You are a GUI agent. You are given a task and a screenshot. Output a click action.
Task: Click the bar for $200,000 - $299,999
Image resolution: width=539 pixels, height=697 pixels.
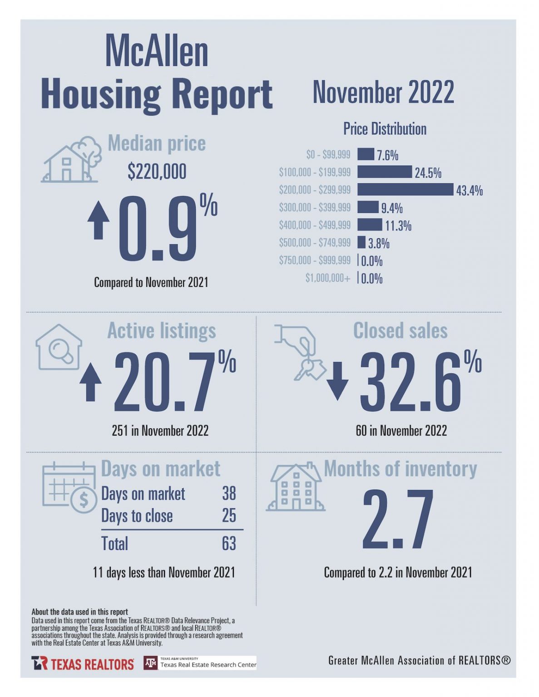[x=405, y=190]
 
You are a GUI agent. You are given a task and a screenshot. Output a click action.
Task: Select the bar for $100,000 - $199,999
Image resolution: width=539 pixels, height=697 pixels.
[x=384, y=172]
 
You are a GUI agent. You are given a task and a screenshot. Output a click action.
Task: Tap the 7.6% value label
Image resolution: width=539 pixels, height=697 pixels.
[x=387, y=155]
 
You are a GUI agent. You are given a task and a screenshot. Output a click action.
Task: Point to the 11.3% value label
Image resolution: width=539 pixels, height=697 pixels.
[x=398, y=226]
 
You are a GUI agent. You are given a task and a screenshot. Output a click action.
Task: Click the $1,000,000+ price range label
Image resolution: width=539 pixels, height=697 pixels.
[x=327, y=278]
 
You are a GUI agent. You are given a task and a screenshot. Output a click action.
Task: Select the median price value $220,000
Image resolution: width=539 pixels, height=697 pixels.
[x=157, y=172]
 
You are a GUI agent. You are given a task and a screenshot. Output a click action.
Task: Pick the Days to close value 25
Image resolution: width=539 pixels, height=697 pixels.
[x=229, y=515]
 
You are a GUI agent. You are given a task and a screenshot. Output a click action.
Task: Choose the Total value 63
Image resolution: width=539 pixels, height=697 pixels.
[x=229, y=543]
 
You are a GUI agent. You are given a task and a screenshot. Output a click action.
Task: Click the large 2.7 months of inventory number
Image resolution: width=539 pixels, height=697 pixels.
[x=398, y=520]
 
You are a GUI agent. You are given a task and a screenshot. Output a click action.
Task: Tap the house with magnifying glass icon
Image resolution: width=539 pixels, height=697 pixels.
[x=59, y=348]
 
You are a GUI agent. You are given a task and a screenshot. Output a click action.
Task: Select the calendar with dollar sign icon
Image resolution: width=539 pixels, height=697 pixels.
[x=69, y=487]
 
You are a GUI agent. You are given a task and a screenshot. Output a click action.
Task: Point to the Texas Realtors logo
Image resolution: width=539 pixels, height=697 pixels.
[x=83, y=663]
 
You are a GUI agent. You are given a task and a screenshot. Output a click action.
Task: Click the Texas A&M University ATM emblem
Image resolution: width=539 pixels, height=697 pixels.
[x=150, y=663]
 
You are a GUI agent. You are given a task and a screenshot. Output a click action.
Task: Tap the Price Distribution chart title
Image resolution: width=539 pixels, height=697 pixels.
[x=385, y=129]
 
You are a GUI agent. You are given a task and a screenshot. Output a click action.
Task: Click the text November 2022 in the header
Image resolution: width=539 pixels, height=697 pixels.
[x=383, y=92]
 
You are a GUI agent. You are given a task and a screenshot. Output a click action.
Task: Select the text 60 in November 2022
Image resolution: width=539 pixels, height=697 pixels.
[x=401, y=431]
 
